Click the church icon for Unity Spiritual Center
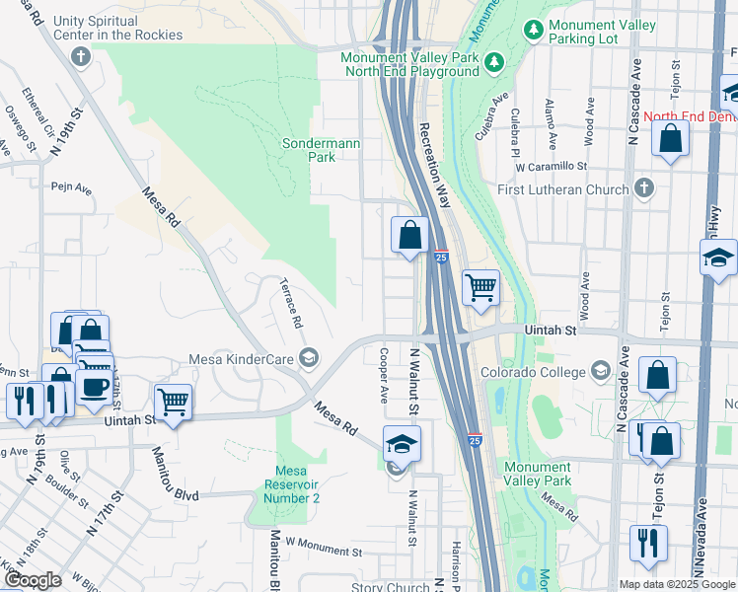tap(81, 55)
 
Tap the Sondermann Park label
tap(321, 150)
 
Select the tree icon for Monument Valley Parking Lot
tap(534, 31)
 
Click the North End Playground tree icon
tap(494, 64)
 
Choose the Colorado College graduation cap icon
tap(599, 372)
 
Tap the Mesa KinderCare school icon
tap(309, 357)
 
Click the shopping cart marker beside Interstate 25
tap(480, 288)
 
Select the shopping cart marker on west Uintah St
tap(174, 402)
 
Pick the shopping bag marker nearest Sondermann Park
tap(409, 236)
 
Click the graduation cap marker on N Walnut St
tap(402, 443)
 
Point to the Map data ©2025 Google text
tap(676, 584)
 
